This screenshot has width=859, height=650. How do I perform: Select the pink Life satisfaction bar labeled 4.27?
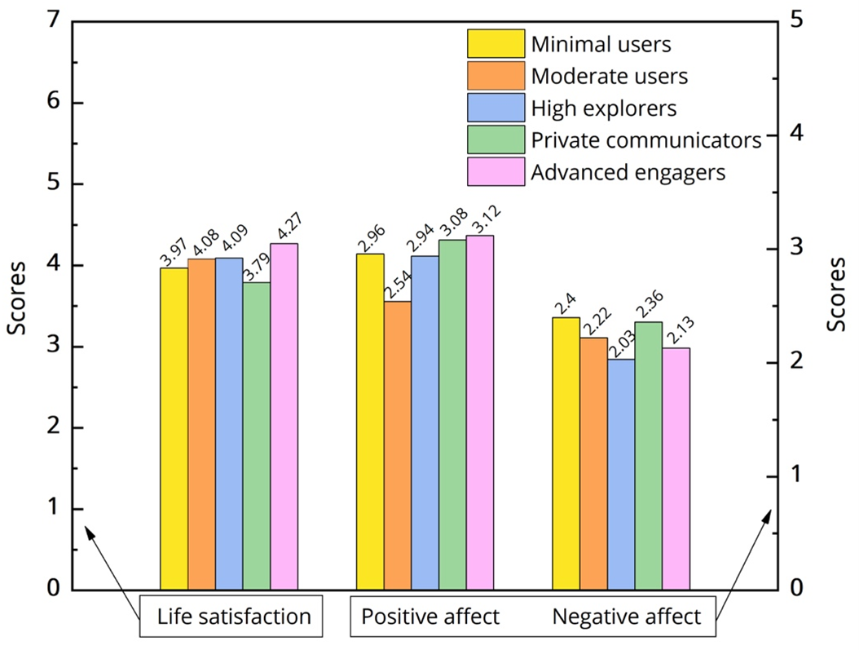click(x=284, y=416)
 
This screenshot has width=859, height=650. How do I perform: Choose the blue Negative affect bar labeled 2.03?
click(x=621, y=474)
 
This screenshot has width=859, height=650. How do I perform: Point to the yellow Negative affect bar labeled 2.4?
click(x=566, y=453)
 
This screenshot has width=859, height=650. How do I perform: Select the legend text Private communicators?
click(x=645, y=140)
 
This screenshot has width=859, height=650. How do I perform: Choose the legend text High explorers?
click(x=603, y=108)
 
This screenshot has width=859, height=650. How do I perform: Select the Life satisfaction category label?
click(x=235, y=617)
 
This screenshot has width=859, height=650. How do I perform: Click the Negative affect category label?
click(x=626, y=617)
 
